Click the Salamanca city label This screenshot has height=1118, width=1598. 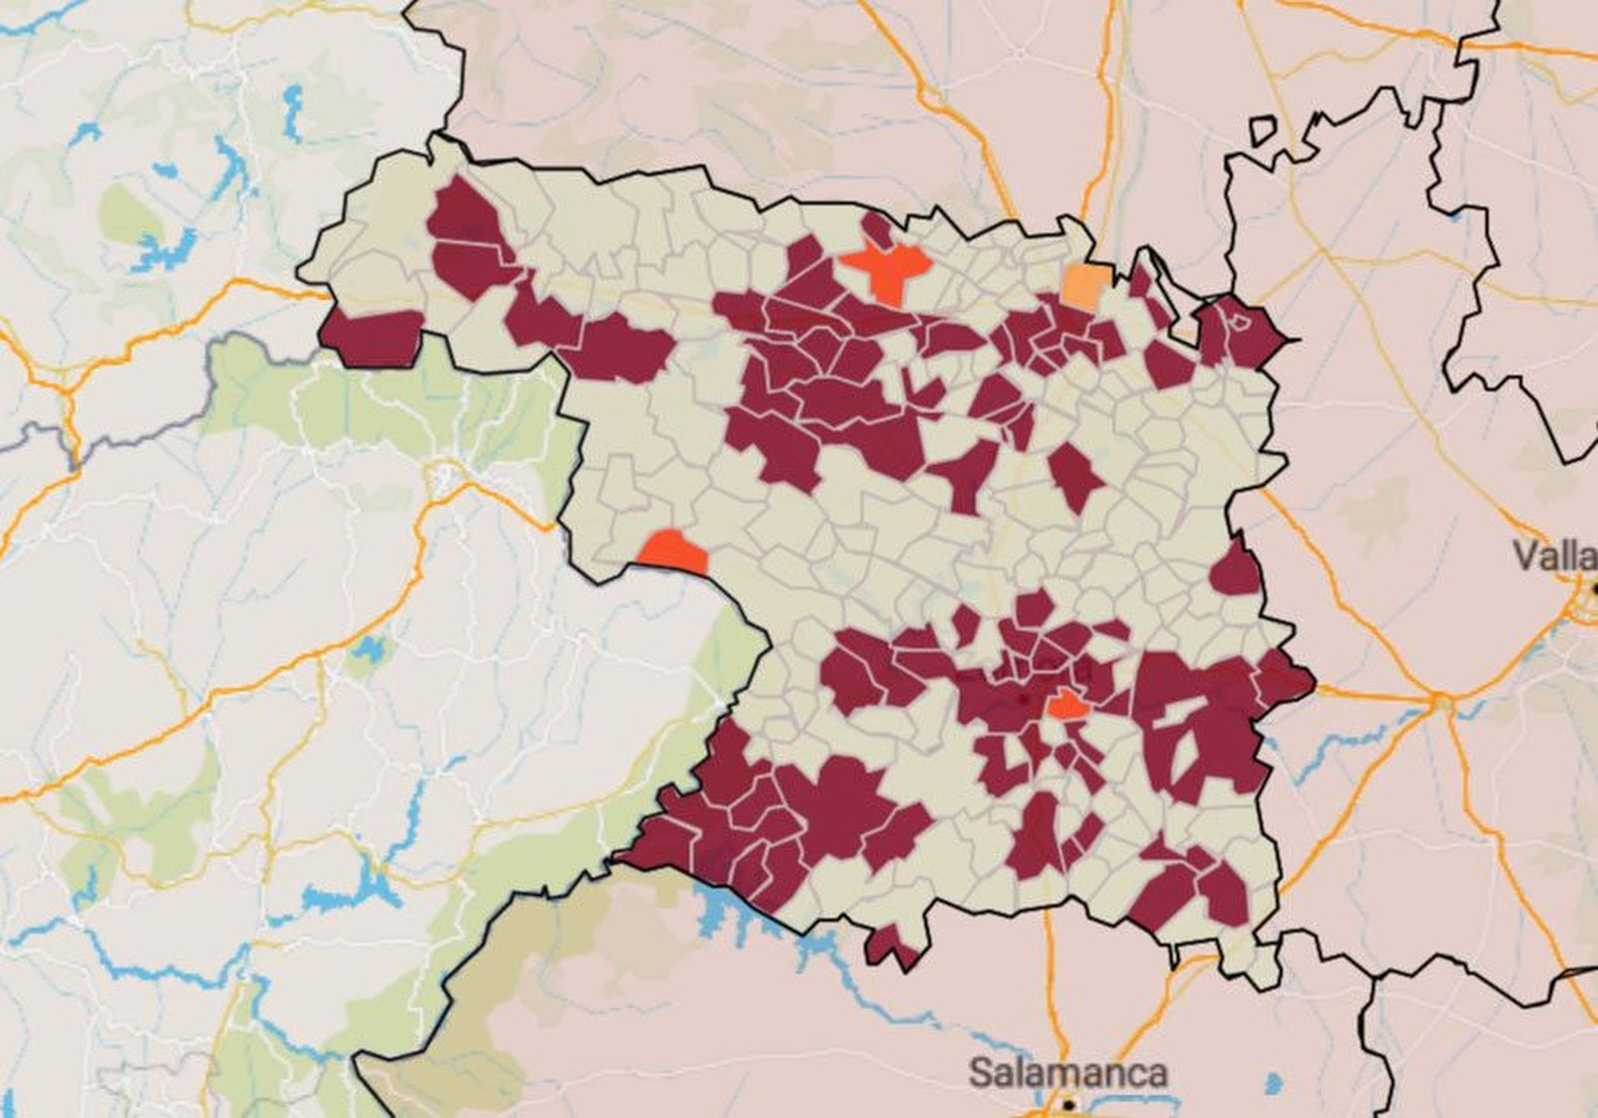pos(1067,1073)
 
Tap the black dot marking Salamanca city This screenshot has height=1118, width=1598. pos(1068,1105)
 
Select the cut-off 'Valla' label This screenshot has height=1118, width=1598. pos(1554,555)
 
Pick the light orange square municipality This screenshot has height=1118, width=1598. pos(1085,285)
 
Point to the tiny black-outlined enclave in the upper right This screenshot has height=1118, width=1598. pos(1263,131)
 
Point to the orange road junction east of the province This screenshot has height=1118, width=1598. pos(1441,703)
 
